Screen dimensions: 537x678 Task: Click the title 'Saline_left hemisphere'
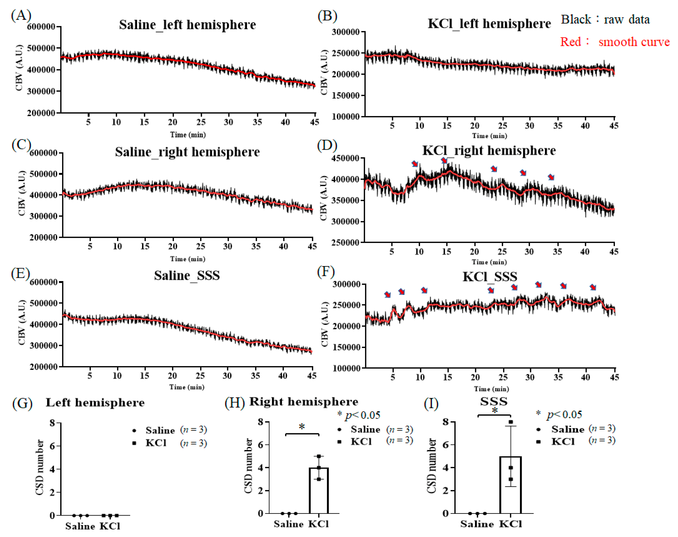point(187,25)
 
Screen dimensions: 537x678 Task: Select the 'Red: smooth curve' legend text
point(615,42)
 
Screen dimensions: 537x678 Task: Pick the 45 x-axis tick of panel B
point(613,126)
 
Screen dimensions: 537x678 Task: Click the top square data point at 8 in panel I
point(511,422)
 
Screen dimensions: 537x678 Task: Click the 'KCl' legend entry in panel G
point(156,443)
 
